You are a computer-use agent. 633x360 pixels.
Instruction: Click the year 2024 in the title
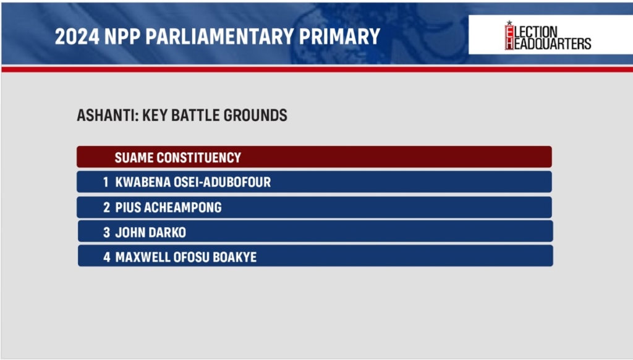(x=77, y=36)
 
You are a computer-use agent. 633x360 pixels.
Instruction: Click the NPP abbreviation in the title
(x=122, y=36)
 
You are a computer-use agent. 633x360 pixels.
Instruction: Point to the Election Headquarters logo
(x=548, y=35)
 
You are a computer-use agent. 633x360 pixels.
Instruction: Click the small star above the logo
(x=509, y=23)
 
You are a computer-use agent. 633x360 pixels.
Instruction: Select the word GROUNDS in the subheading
(x=255, y=115)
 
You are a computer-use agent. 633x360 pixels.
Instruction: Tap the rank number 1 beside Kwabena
(x=106, y=182)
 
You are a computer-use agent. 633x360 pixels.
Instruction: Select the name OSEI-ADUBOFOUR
(x=222, y=182)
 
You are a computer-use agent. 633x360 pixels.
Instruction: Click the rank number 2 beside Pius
(x=106, y=207)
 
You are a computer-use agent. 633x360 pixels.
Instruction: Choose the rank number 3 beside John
(x=106, y=233)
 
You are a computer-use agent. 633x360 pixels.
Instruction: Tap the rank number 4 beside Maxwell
(x=106, y=257)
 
